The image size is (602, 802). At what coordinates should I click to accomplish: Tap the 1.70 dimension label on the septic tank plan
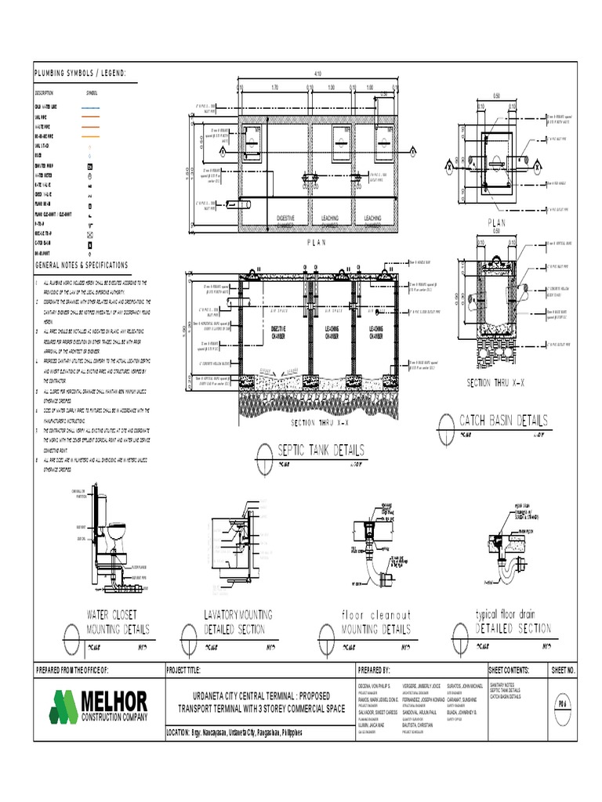click(274, 88)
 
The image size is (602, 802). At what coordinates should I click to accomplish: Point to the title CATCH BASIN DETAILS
click(503, 421)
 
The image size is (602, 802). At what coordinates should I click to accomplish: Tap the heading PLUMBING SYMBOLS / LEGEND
click(79, 74)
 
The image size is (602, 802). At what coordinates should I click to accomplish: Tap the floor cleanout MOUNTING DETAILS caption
click(375, 622)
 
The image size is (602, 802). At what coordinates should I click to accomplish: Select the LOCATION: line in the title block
click(234, 733)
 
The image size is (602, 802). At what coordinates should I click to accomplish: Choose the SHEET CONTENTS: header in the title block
click(509, 670)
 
